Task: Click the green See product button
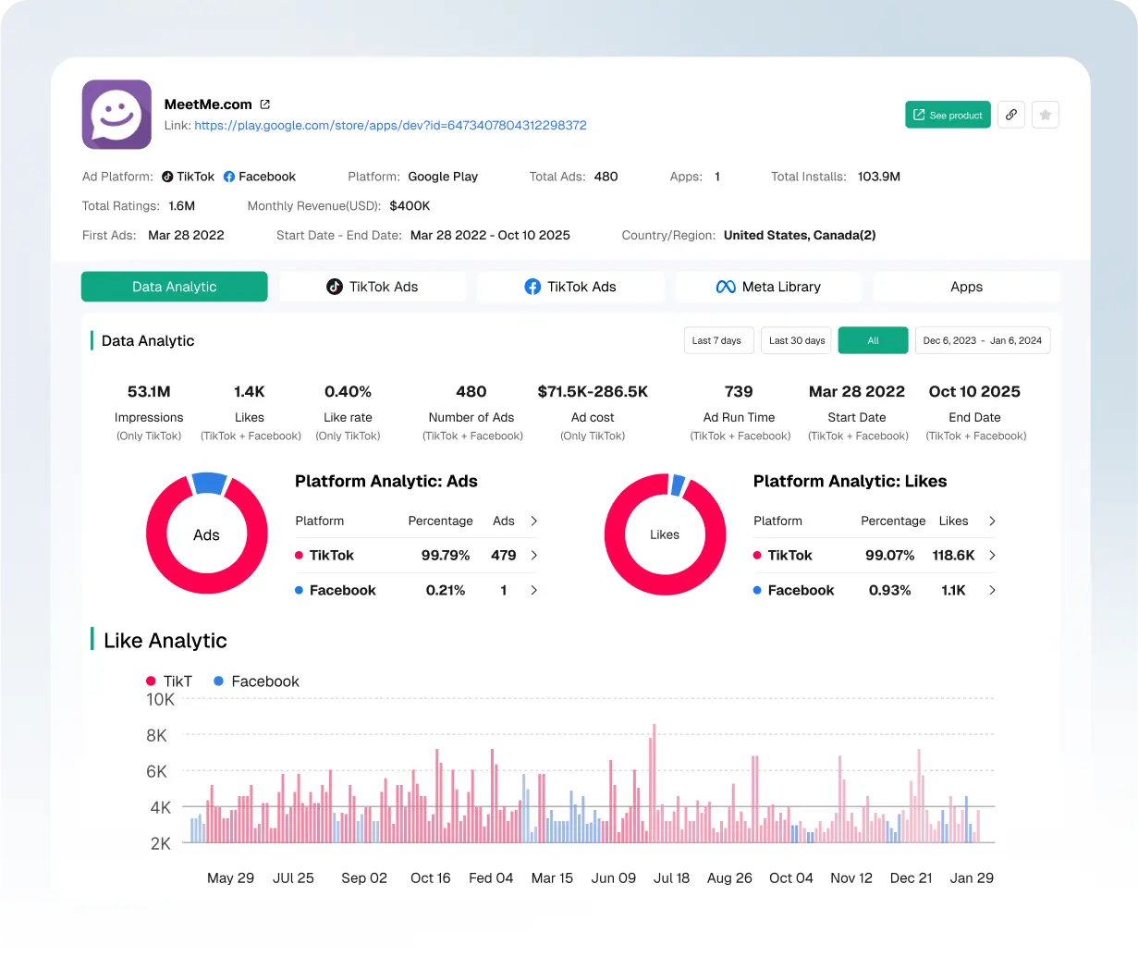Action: coord(948,115)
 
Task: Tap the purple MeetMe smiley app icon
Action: coord(116,115)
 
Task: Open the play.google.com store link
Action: coord(390,126)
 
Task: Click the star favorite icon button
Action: coord(1045,115)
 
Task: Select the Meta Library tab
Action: coord(768,287)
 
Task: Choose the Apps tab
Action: coord(966,287)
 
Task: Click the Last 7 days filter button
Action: coord(718,340)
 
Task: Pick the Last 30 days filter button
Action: coord(796,340)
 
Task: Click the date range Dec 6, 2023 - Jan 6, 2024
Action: coord(983,340)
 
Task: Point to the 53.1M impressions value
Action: coord(149,392)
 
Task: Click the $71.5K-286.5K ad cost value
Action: coord(593,392)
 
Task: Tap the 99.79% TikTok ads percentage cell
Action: coord(446,556)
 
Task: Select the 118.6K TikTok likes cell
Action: coord(953,556)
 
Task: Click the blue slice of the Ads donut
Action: coord(210,482)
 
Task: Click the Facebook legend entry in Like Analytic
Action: coord(256,681)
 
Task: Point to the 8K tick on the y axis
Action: coord(157,736)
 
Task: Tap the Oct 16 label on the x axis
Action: coord(430,878)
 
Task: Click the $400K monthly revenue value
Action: coord(410,206)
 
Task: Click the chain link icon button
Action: coord(1011,115)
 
